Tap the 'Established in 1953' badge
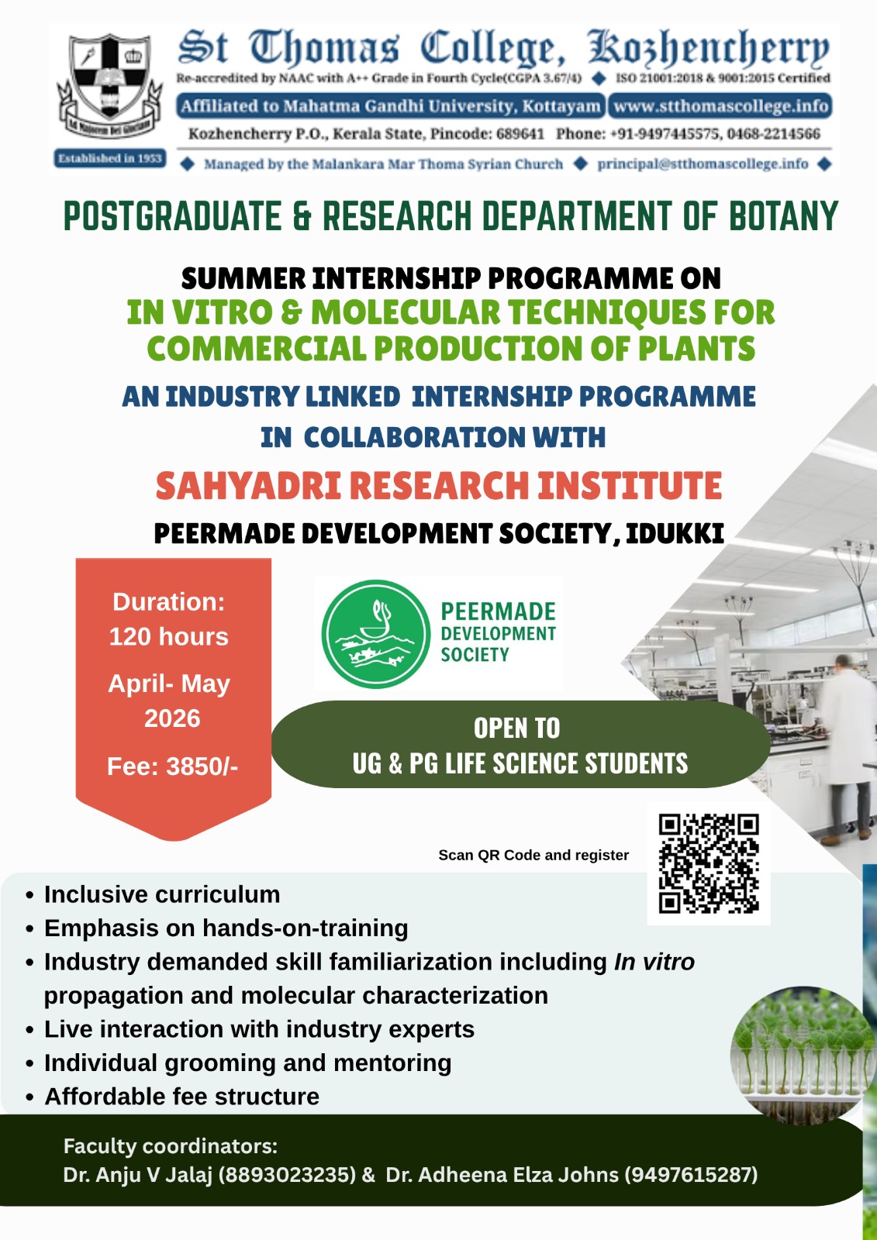coord(110,158)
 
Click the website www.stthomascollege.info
coord(720,105)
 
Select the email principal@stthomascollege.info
coord(703,164)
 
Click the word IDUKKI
coord(675,534)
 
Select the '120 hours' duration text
coord(169,636)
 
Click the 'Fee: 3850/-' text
coord(172,766)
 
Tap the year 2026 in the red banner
coord(172,718)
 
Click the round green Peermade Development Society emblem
coord(375,635)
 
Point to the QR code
coord(709,863)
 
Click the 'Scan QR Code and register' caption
coord(533,856)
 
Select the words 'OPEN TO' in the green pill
coord(517,728)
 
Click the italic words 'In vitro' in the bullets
coord(654,962)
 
